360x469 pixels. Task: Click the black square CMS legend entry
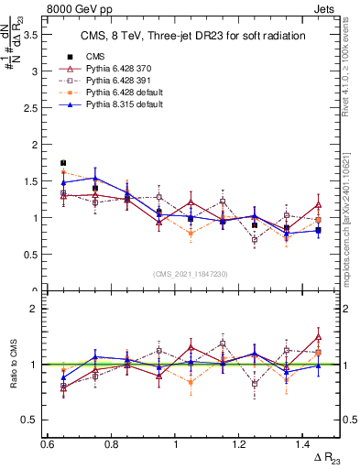[82, 57]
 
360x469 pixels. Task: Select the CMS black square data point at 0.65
[62, 163]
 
